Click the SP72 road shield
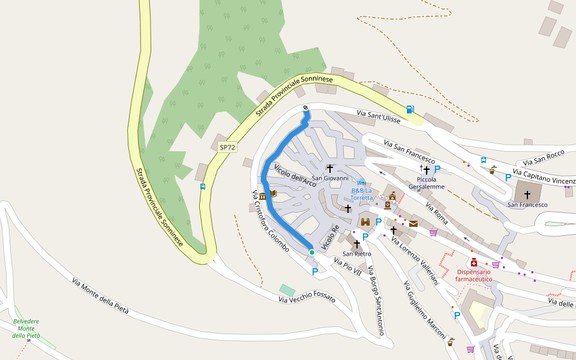tap(227, 147)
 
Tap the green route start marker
tap(311, 253)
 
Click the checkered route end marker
tap(306, 108)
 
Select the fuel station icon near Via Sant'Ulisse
tap(409, 109)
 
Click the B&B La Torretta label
tap(362, 194)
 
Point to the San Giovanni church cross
tap(329, 169)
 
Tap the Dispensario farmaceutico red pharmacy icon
tap(474, 262)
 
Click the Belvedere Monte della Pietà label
tap(26, 328)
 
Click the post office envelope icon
tap(413, 224)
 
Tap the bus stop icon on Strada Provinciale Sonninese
tap(203, 187)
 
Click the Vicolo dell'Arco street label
tap(295, 174)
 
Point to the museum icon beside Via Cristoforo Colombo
tap(262, 196)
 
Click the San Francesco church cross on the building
tap(527, 194)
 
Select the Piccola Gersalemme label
tap(426, 183)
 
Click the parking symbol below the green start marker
tap(315, 272)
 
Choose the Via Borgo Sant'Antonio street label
tap(376, 300)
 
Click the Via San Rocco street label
tap(543, 158)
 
